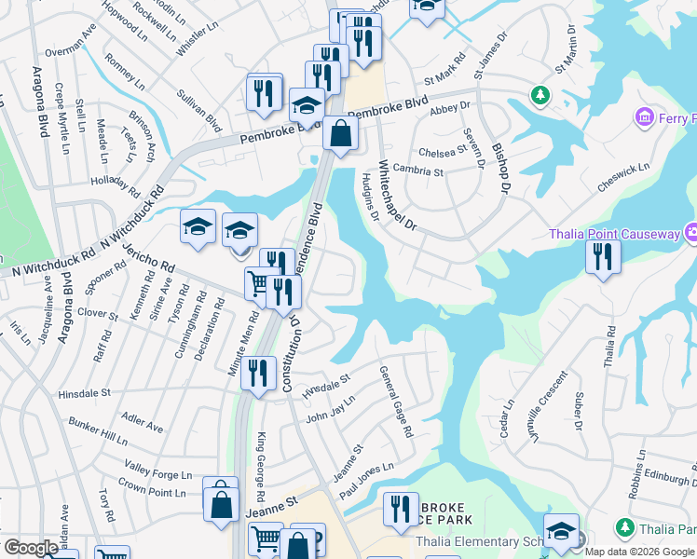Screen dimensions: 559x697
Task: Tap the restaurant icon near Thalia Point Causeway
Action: point(604,256)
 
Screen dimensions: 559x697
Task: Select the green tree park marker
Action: point(540,94)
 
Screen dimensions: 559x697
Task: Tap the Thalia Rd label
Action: point(610,344)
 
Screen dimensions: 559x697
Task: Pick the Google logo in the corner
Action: point(31,548)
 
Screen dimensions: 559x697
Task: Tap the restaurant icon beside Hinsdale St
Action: point(258,373)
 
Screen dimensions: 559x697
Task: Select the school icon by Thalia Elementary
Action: point(561,531)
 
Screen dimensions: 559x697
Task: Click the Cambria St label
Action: point(418,171)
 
